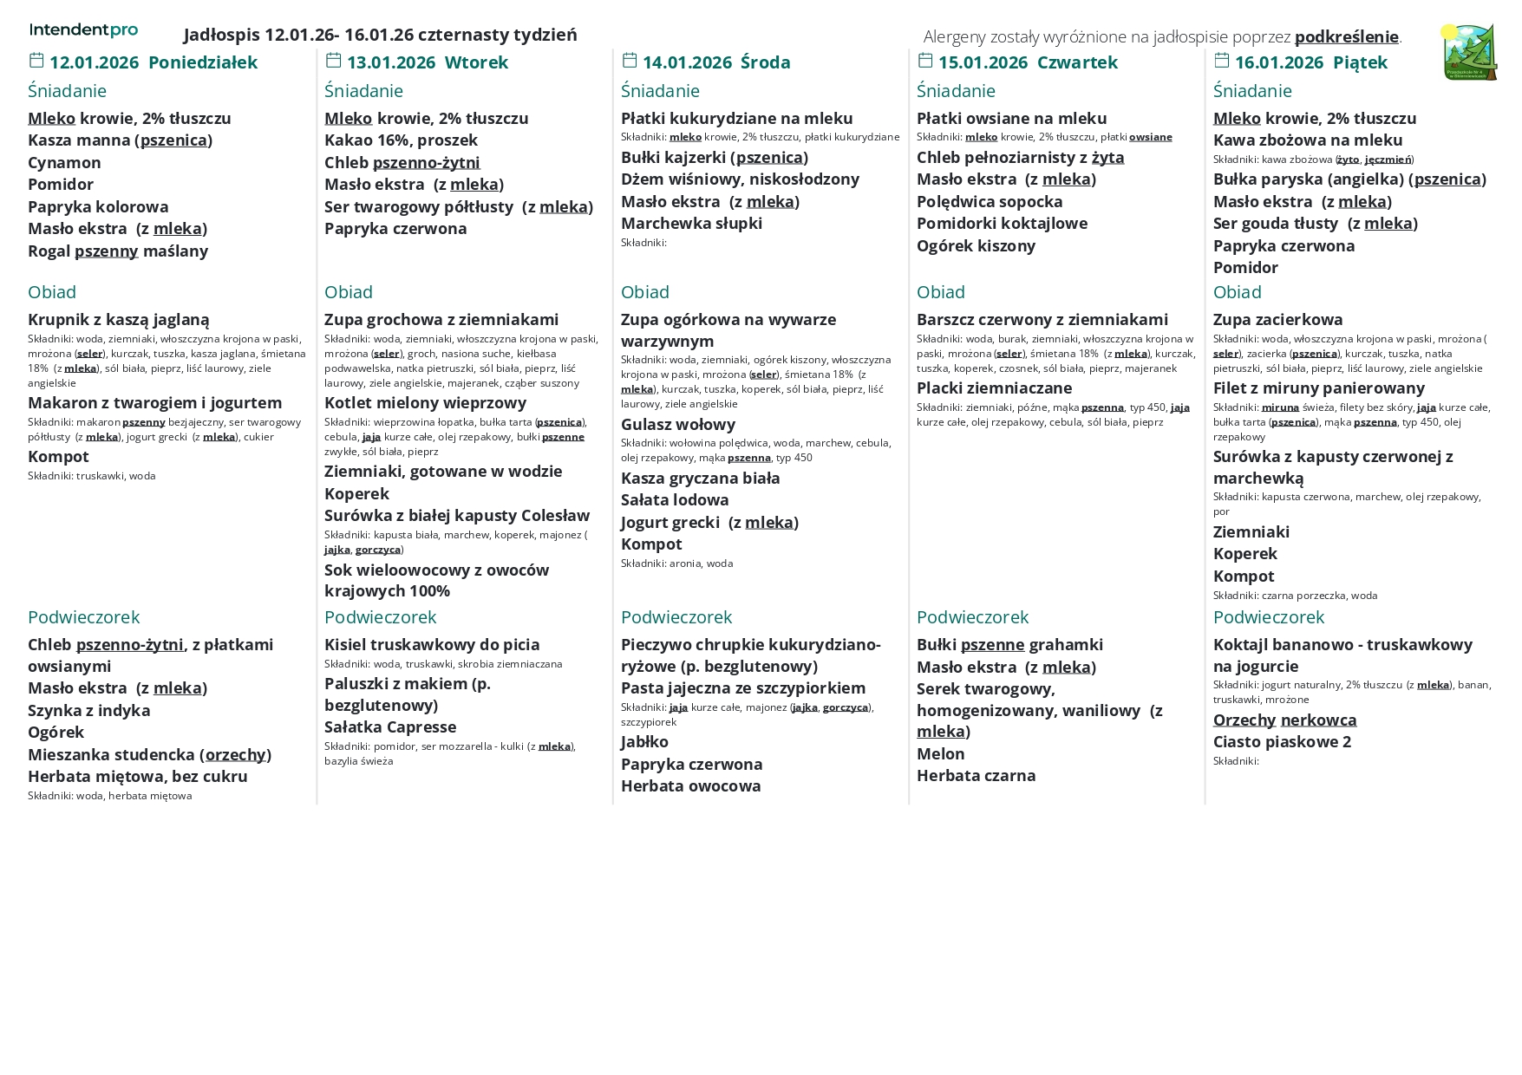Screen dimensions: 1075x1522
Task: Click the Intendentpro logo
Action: point(83,30)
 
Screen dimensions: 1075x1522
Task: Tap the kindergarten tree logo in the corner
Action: point(1469,53)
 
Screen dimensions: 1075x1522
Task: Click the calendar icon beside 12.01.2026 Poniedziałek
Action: point(36,60)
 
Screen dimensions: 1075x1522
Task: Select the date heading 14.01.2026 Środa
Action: point(716,62)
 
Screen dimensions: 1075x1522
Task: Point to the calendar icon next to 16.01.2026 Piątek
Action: point(1222,60)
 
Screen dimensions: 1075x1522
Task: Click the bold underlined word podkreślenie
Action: point(1346,36)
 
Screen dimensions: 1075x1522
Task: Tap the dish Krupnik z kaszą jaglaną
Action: point(119,319)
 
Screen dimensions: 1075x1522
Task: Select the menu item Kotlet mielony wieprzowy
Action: point(425,402)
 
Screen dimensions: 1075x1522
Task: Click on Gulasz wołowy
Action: point(678,424)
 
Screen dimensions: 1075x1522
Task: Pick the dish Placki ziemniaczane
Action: point(994,388)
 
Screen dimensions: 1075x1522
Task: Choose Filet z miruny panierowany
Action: point(1318,388)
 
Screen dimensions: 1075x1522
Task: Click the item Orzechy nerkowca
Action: point(1284,720)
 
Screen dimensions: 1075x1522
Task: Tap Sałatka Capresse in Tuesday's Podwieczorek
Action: point(390,726)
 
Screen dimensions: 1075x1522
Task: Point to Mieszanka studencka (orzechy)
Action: point(149,754)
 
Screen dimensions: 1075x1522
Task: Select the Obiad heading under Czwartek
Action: point(941,292)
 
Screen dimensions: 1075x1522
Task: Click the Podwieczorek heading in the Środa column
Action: point(676,617)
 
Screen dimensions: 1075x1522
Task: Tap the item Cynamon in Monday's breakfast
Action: point(64,162)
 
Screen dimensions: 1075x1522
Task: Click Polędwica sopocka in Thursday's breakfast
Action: point(990,201)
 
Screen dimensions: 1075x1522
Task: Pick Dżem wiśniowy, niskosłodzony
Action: point(740,179)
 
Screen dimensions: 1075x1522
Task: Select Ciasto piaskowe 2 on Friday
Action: point(1282,741)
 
